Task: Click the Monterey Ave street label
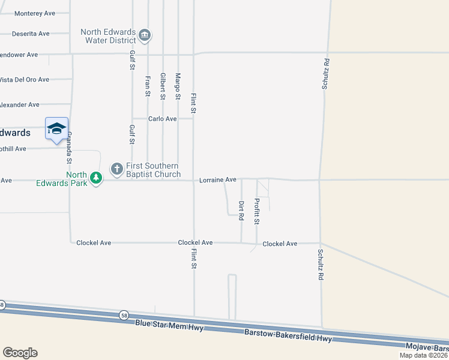pyautogui.click(x=34, y=13)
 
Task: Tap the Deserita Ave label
pyautogui.click(x=29, y=34)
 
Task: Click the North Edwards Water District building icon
pyautogui.click(x=145, y=35)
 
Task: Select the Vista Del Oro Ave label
pyautogui.click(x=24, y=79)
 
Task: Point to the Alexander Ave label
pyautogui.click(x=19, y=105)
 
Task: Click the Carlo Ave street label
pyautogui.click(x=163, y=119)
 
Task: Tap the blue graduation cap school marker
pyautogui.click(x=56, y=129)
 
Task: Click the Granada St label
pyautogui.click(x=69, y=148)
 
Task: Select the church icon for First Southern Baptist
pyautogui.click(x=116, y=167)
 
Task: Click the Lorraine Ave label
pyautogui.click(x=218, y=179)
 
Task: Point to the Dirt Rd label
pyautogui.click(x=241, y=211)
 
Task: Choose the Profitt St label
pyautogui.click(x=256, y=211)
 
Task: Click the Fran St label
pyautogui.click(x=147, y=85)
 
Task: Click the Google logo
pyautogui.click(x=20, y=353)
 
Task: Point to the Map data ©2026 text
pyautogui.click(x=423, y=355)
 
